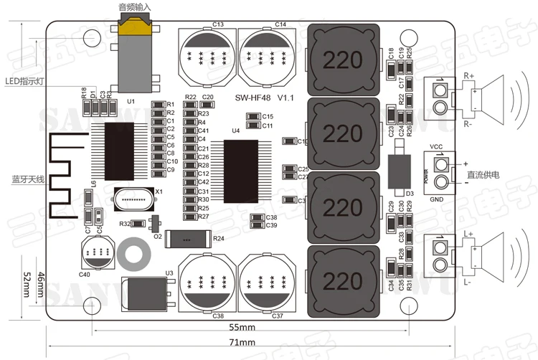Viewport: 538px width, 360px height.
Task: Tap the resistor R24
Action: (186, 239)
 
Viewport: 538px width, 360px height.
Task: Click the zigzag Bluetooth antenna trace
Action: (62, 176)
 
